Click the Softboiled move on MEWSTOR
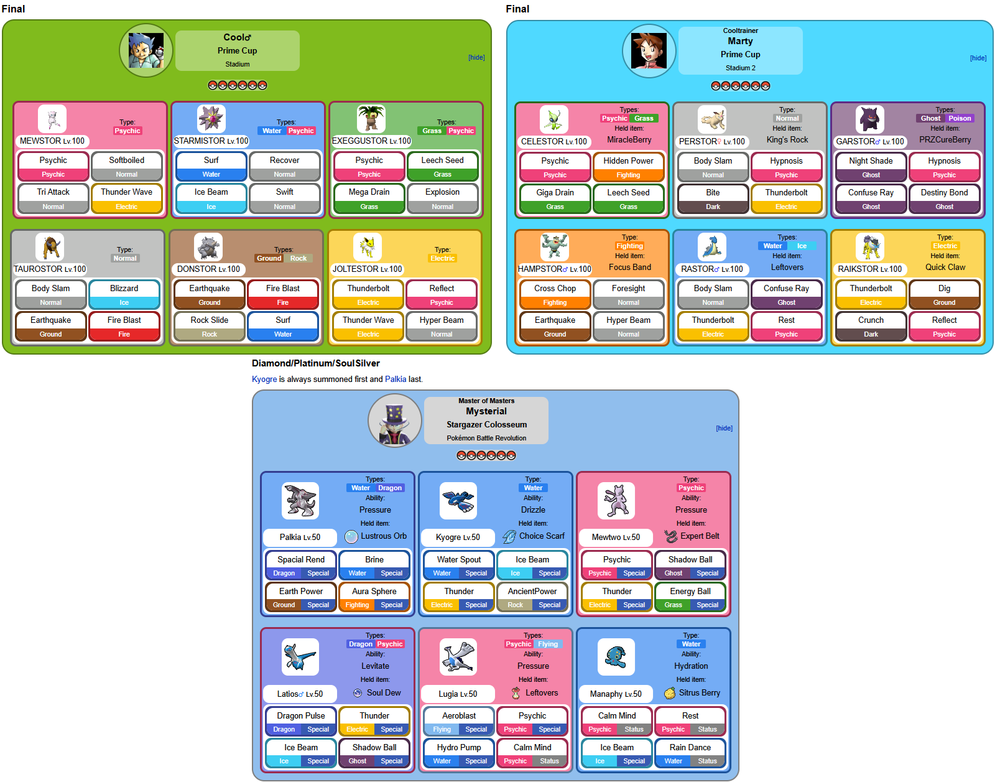tap(126, 161)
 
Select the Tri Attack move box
tap(53, 192)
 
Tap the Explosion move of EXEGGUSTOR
tap(442, 192)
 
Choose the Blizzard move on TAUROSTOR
tap(124, 289)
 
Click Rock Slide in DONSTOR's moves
tap(210, 320)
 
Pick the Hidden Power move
tap(628, 161)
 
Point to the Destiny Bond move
tap(944, 193)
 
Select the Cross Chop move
tap(555, 289)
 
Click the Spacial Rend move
tap(301, 560)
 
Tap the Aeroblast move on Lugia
tap(459, 716)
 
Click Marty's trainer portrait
tap(649, 51)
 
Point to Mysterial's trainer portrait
tap(395, 421)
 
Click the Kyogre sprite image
tap(458, 501)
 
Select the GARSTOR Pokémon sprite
tap(869, 119)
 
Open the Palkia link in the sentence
tap(396, 379)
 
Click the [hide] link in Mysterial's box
tap(724, 429)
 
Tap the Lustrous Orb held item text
tap(384, 536)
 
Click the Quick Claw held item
tap(945, 268)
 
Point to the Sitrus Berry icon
tap(670, 693)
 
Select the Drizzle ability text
tap(533, 510)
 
